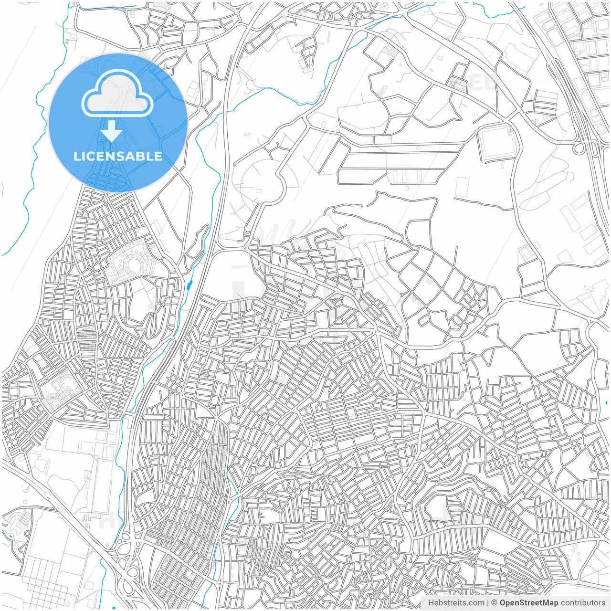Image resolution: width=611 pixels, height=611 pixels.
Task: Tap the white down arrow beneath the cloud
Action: pos(112,131)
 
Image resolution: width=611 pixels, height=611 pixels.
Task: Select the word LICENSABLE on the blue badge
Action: pos(118,156)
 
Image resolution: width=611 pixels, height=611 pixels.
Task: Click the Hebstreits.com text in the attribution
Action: pos(456,603)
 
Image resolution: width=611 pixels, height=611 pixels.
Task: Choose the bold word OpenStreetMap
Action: pos(529,603)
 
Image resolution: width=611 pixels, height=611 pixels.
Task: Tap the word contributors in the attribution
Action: pos(583,603)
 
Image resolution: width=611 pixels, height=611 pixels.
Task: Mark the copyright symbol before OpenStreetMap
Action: pos(495,603)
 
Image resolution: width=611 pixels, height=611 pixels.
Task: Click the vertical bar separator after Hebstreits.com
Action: pos(488,603)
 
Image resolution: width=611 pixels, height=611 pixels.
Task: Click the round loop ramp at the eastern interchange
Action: pos(579,148)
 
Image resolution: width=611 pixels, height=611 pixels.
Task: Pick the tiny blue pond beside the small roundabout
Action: pos(10,536)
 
